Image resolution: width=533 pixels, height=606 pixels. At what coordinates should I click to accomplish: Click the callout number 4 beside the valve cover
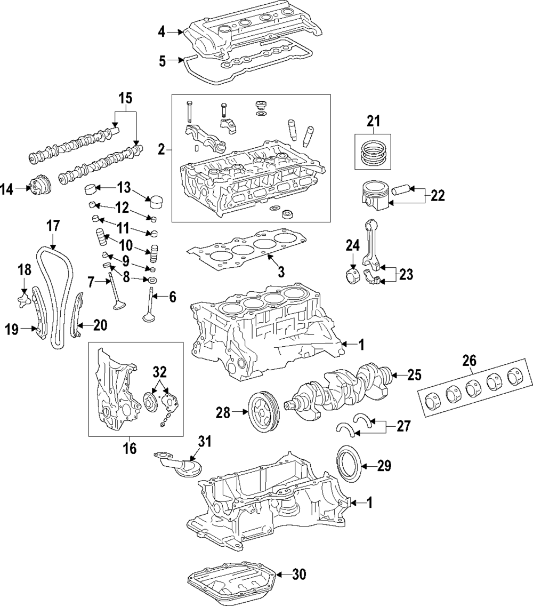coord(162,33)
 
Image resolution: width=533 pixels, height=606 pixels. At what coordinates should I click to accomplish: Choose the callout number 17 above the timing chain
coord(52,226)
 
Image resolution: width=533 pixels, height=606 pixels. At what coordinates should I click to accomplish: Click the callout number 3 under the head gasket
coord(281,272)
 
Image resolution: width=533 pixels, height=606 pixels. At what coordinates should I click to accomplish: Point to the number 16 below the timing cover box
coord(130,448)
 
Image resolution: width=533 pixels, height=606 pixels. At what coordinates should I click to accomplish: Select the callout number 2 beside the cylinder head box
coord(161,150)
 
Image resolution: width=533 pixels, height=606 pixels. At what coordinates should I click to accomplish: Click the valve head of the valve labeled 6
coord(149,319)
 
